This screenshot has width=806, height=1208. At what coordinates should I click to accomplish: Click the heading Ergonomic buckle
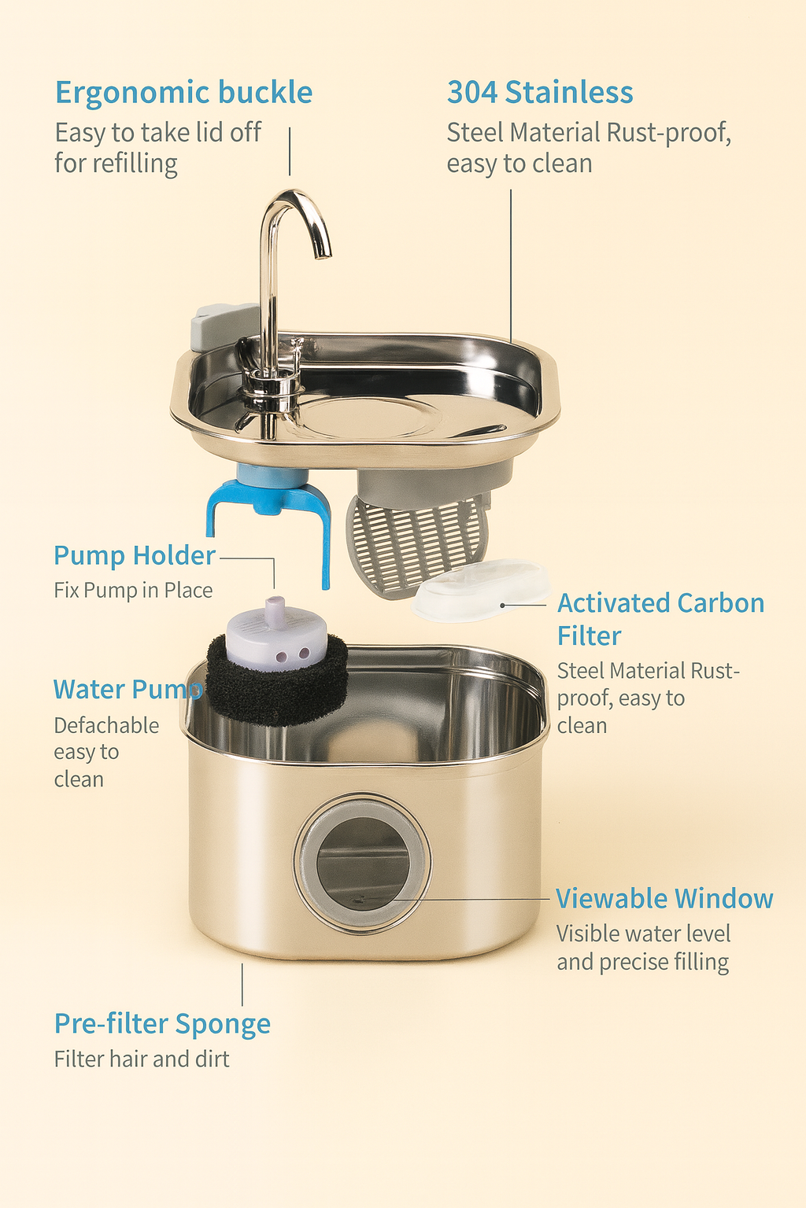183,93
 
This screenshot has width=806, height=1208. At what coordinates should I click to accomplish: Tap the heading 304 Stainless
540,93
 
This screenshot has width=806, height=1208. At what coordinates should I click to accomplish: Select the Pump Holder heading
134,556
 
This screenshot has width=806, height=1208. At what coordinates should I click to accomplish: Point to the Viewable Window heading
664,899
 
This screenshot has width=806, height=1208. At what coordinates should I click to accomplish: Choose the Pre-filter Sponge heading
162,1024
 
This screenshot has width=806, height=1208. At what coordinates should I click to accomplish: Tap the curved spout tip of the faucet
323,250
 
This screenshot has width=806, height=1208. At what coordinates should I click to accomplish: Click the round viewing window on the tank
363,862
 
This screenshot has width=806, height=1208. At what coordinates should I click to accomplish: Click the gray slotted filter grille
417,543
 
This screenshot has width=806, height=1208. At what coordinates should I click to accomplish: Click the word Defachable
106,725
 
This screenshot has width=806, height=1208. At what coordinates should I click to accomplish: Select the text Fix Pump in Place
133,591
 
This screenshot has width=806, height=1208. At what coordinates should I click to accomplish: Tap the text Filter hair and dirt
142,1059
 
